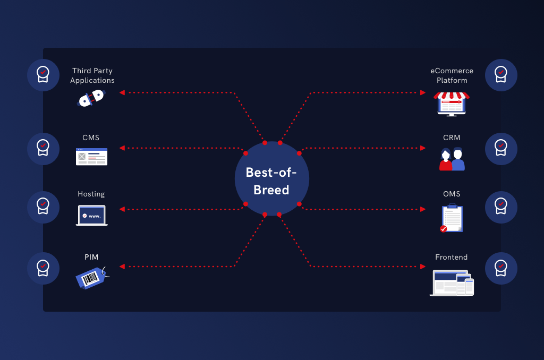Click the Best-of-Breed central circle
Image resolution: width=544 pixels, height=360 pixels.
tap(271, 178)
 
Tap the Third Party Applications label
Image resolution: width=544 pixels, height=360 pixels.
tap(92, 75)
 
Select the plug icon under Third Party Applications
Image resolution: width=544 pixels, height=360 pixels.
tap(91, 98)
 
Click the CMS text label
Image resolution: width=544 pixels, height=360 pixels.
tap(91, 138)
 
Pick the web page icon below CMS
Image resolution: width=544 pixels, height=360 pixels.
tap(91, 157)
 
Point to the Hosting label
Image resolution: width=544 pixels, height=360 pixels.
tap(91, 194)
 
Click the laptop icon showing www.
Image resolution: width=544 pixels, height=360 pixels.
tap(91, 216)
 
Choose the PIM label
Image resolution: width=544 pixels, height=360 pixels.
tap(91, 257)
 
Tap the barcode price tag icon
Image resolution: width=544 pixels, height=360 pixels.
tap(92, 278)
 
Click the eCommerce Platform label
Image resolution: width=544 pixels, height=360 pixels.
tap(452, 75)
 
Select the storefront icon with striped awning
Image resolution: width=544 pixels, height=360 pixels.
tap(452, 104)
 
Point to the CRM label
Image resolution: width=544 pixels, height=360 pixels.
tap(452, 138)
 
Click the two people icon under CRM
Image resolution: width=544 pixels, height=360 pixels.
tap(452, 159)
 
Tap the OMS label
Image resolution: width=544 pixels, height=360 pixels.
tap(452, 194)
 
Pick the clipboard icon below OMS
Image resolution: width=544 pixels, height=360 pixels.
tap(452, 218)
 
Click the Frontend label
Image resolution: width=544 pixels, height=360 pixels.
tap(452, 257)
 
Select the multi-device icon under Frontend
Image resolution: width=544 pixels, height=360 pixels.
tap(452, 282)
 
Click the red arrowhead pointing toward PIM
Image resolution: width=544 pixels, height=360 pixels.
tap(122, 267)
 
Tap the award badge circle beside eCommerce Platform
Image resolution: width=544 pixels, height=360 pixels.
tap(501, 75)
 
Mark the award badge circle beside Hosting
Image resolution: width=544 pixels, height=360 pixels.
tap(43, 208)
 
